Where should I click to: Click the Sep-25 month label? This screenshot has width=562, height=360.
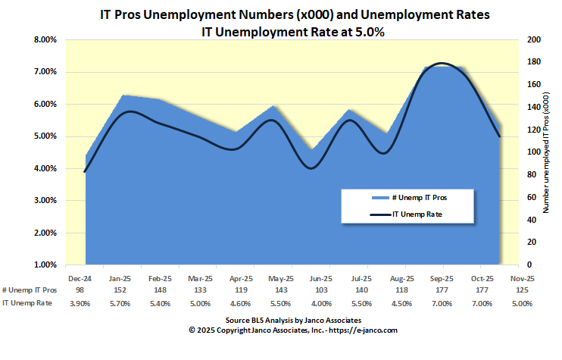coord(442,278)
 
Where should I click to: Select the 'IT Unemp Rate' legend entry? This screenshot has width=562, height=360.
coord(417,214)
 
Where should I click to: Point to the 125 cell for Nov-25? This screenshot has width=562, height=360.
coord(523,290)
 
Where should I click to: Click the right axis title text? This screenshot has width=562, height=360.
coord(547,152)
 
